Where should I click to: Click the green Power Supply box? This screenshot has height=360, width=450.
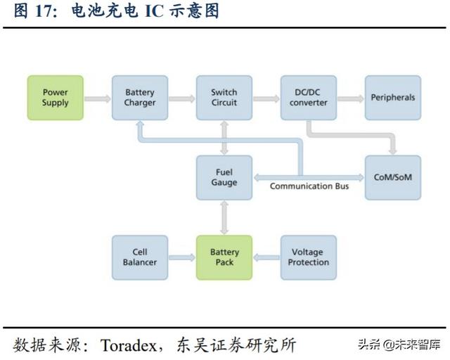pos(56,98)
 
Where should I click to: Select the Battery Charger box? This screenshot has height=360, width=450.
pos(140,98)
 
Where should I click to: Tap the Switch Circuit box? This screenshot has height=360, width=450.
pos(224,98)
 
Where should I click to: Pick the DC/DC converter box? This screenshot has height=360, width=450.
pos(309,98)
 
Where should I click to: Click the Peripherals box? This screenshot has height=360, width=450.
pos(393,98)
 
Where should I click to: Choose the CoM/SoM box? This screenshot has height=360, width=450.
pos(393,176)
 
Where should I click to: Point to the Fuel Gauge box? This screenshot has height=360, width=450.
pos(224,176)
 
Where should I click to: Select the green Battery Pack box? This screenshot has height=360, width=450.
pos(224,257)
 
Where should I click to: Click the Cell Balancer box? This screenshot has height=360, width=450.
pos(140,257)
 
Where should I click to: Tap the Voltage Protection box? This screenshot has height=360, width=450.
pos(309,257)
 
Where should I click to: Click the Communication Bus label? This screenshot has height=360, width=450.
pos(310,186)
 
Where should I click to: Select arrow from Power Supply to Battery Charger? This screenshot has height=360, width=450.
pos(98,98)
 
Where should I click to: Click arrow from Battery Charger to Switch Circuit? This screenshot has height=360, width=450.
pos(182,98)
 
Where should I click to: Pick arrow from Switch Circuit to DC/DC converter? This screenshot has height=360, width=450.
pos(266,98)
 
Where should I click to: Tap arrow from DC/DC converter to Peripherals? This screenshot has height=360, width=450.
pos(351,98)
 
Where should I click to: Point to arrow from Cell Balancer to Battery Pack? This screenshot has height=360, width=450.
pos(182,257)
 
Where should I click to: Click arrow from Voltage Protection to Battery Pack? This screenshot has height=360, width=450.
pos(266,257)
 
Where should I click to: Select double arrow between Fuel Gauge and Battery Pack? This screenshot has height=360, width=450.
pos(224,217)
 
